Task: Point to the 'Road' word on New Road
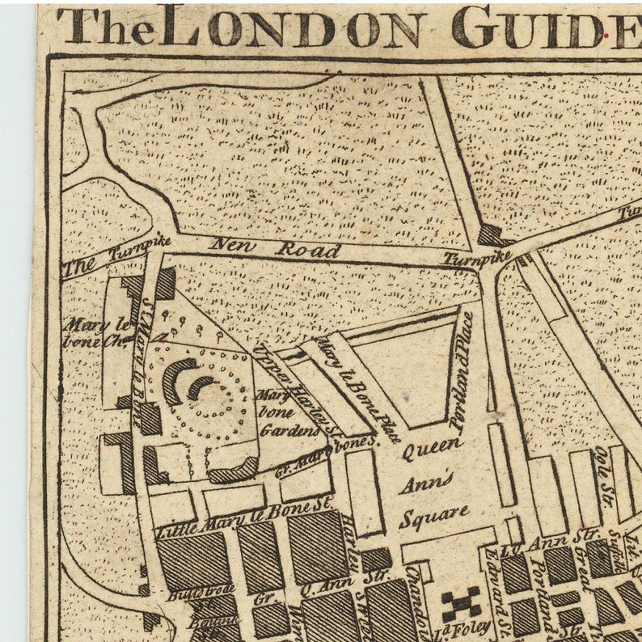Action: pyautogui.click(x=307, y=249)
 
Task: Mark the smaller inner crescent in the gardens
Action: pyautogui.click(x=199, y=386)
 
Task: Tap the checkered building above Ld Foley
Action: pyautogui.click(x=460, y=603)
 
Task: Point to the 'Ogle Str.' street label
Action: pyautogui.click(x=603, y=470)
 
